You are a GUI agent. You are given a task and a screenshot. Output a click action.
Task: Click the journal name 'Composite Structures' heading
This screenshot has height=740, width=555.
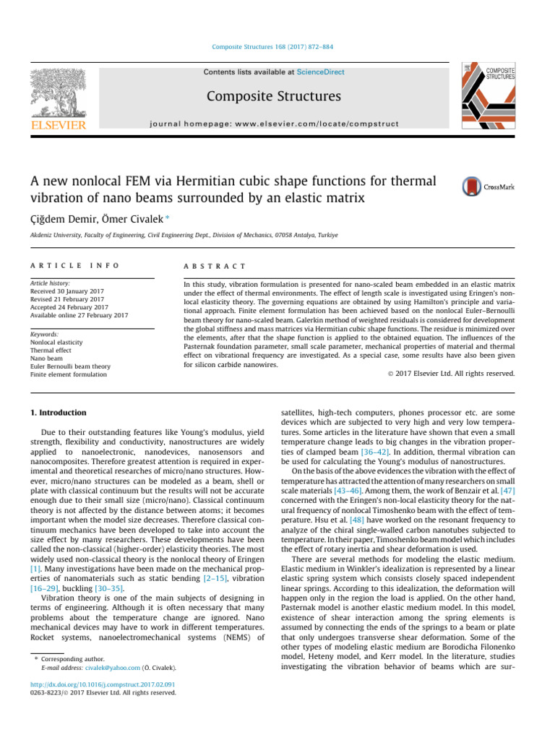click(x=274, y=95)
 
